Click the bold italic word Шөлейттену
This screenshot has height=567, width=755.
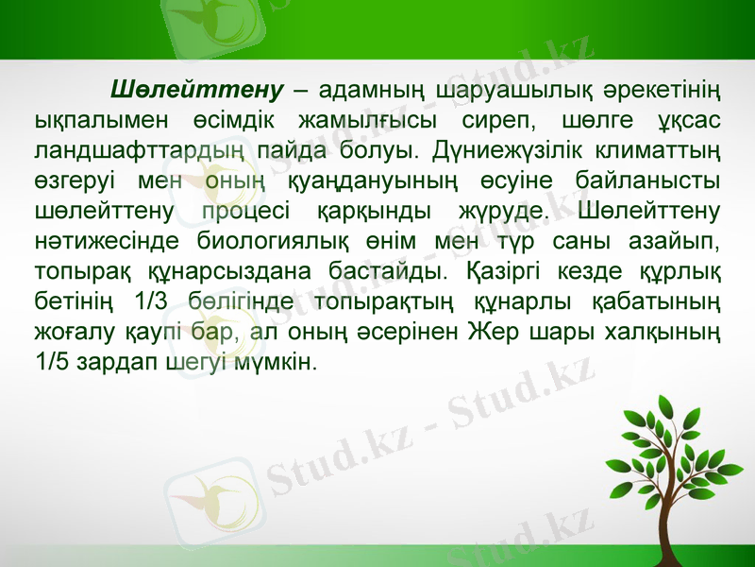click(x=197, y=92)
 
